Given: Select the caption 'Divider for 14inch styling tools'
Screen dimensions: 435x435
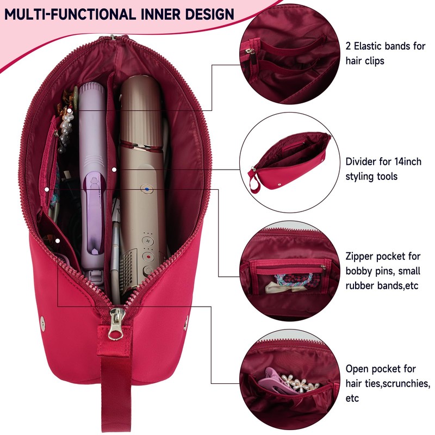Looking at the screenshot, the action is [383, 169].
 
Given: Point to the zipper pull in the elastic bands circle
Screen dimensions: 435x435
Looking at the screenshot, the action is [250, 53].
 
